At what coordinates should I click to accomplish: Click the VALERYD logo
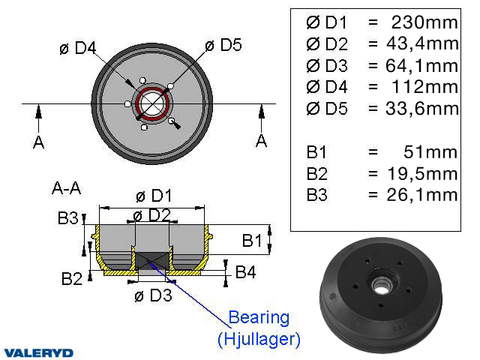[x=38, y=353]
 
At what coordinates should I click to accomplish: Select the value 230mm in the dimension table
[x=424, y=22]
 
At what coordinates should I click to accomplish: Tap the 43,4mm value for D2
[x=422, y=43]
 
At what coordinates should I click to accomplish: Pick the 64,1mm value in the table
[x=422, y=66]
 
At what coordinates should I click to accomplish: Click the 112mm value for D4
[x=425, y=87]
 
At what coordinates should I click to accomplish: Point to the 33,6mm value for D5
[x=422, y=109]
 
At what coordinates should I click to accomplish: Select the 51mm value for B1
[x=430, y=151]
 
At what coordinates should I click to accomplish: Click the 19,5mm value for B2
[x=423, y=173]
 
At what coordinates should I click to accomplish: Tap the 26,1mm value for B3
[x=422, y=195]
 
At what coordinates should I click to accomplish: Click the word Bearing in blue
[x=259, y=318]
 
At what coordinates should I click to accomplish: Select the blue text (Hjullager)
[x=259, y=339]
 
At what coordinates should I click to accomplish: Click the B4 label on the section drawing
[x=245, y=271]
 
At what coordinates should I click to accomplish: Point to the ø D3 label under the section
[x=153, y=295]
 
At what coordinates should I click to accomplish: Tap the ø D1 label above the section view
[x=154, y=196]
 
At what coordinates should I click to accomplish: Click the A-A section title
[x=67, y=188]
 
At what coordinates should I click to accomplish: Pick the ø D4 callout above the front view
[x=78, y=48]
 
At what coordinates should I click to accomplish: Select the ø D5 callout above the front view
[x=223, y=45]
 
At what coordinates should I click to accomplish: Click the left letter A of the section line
[x=38, y=142]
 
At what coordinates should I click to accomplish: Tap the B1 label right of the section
[x=252, y=240]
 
